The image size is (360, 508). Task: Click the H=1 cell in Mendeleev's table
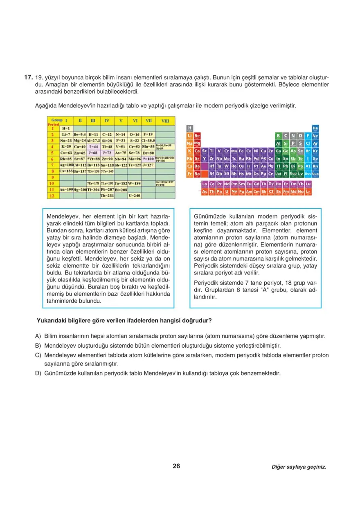pos(65,128)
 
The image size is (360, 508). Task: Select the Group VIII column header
pos(165,121)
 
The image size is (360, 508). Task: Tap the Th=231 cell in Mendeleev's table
pos(107,196)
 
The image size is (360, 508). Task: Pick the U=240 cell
pos(135,196)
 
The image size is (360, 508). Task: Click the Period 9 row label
pos(52,177)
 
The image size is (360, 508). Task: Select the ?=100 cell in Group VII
pos(148,159)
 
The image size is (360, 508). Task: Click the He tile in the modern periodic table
pos(315,128)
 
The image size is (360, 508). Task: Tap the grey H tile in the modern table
pos(189,128)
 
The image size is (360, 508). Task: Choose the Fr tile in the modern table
pos(189,174)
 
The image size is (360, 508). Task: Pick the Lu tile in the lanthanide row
pos(308,184)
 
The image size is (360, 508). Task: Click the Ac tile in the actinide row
pos(205,191)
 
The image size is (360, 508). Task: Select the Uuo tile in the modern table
pos(315,174)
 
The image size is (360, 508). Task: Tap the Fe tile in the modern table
pos(241,151)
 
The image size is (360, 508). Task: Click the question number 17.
pos(28,77)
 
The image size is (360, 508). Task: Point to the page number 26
pos(176,466)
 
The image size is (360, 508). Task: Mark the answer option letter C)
pos(38,355)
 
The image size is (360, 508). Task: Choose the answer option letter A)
pos(38,336)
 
